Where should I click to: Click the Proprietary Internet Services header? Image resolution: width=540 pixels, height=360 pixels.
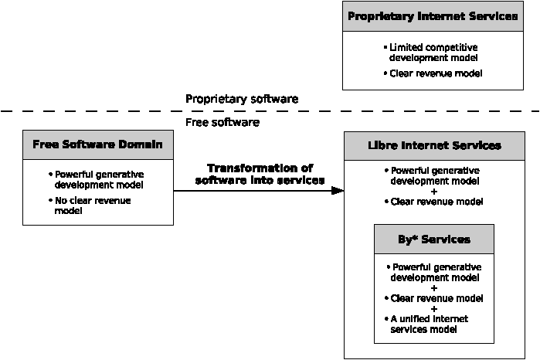click(433, 16)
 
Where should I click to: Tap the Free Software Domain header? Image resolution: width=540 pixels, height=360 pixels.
click(98, 144)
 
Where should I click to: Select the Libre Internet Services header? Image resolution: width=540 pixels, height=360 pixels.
click(434, 146)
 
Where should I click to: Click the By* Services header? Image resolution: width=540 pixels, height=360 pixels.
click(434, 239)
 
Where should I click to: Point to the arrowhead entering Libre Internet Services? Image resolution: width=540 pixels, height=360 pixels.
click(338, 191)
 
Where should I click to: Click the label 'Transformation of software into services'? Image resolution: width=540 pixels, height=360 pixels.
click(260, 175)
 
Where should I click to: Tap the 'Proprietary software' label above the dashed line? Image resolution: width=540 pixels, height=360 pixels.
click(242, 99)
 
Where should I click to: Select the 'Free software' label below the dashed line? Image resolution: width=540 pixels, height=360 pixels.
click(222, 122)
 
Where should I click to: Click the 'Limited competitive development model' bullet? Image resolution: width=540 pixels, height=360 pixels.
click(431, 53)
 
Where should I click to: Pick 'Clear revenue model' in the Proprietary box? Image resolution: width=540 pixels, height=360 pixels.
click(433, 73)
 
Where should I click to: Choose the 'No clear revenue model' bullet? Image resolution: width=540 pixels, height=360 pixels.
click(90, 205)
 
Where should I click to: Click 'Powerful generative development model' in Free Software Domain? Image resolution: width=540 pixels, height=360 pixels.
click(96, 179)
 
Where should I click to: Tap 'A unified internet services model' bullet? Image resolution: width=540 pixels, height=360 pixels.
click(426, 324)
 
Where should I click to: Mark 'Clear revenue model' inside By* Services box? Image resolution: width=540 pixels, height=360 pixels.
click(434, 298)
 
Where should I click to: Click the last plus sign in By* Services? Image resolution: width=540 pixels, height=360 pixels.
click(434, 309)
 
